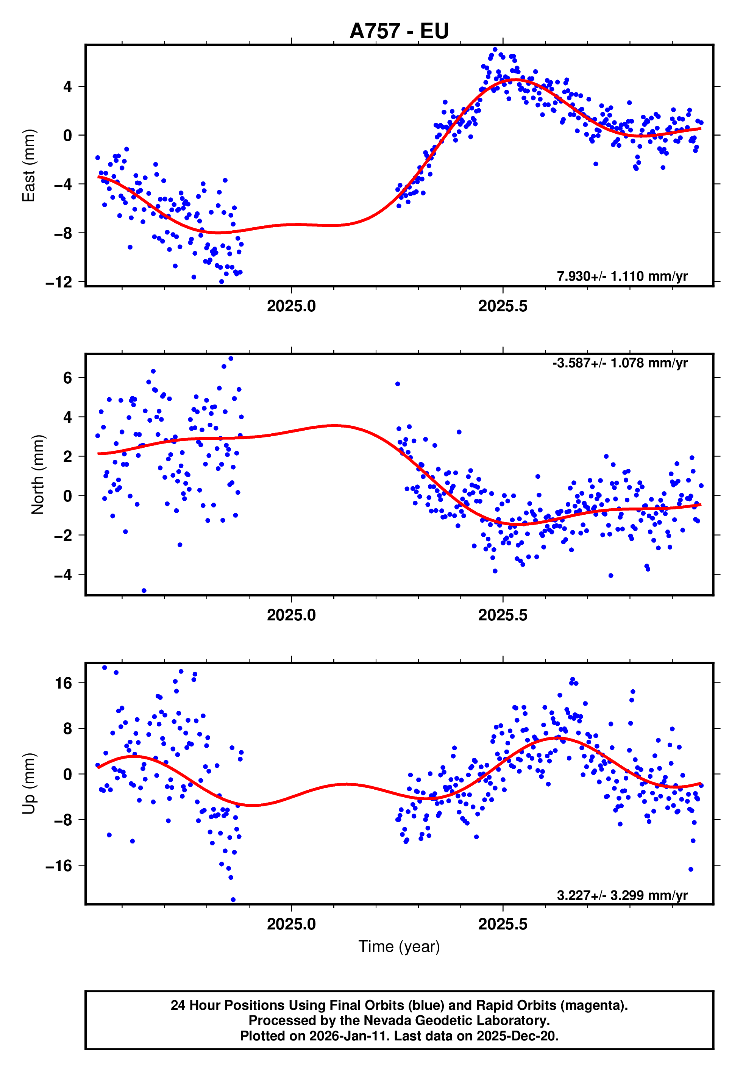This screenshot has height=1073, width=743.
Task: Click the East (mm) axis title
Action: [x=29, y=166]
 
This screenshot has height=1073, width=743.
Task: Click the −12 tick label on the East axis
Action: [x=59, y=282]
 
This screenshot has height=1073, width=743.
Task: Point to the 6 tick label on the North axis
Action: [x=67, y=378]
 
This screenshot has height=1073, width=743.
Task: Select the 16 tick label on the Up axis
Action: [x=64, y=683]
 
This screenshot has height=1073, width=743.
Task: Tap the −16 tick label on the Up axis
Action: [x=59, y=865]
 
